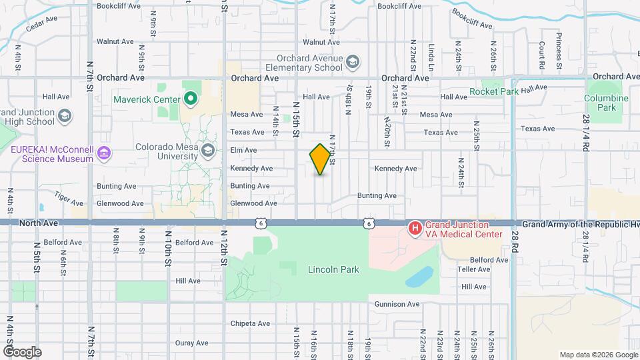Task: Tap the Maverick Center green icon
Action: tap(191, 100)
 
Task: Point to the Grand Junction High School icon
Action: tap(64, 117)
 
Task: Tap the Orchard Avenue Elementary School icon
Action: tap(352, 63)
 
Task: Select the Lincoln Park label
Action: tap(333, 270)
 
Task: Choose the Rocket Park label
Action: tap(494, 91)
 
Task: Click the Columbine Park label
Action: tap(606, 103)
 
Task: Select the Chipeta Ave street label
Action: tap(250, 323)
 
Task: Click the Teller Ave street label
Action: tap(474, 269)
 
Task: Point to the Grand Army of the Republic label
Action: tap(579, 225)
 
